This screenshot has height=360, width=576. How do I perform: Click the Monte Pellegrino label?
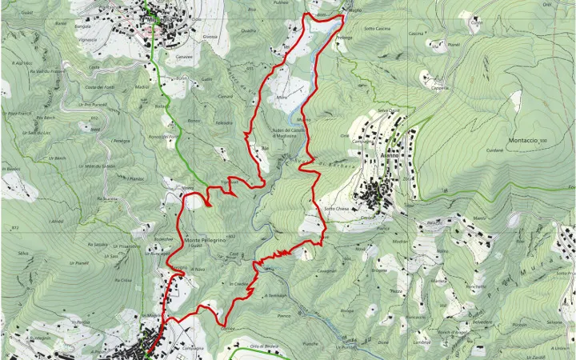click(x=206, y=239)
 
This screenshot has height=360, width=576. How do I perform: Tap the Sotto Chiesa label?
click(x=335, y=209)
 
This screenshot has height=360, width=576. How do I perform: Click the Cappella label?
click(x=440, y=89)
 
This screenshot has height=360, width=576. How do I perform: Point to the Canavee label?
click(x=184, y=57)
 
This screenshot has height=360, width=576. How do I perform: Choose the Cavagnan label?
click(x=326, y=271)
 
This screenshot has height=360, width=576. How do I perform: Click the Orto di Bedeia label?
click(x=262, y=345)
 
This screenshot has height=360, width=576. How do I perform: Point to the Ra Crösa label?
click(x=122, y=281)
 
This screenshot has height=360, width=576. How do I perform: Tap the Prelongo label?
click(x=345, y=38)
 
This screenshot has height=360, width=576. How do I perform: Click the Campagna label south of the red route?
click(x=193, y=349)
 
